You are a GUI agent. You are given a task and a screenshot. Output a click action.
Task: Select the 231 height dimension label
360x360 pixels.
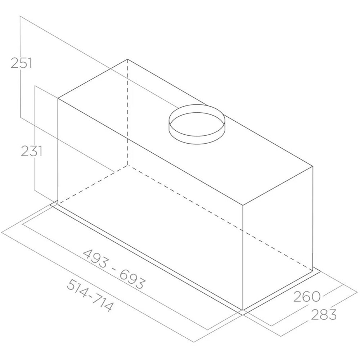click(32, 151)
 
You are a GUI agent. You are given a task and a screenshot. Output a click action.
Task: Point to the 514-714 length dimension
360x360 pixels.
click(90, 295)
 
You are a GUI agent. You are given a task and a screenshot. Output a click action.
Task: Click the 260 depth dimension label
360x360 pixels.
click(307, 297)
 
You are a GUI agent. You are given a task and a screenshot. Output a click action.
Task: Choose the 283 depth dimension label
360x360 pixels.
click(323, 314)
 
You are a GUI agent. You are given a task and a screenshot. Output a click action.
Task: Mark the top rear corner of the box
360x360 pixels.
click(128, 59)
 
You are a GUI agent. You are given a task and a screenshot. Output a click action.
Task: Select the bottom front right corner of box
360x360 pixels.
click(243, 310)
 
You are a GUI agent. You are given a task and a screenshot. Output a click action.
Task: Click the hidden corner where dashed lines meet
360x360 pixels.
click(128, 166)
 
